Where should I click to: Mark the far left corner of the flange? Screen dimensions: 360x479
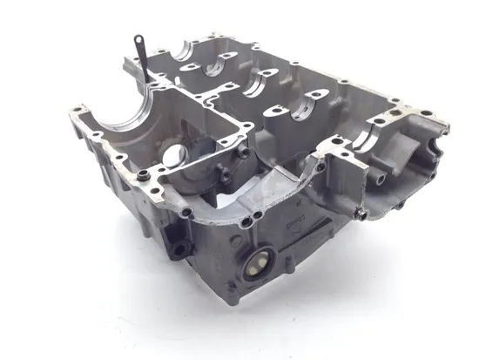[x=67, y=111]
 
